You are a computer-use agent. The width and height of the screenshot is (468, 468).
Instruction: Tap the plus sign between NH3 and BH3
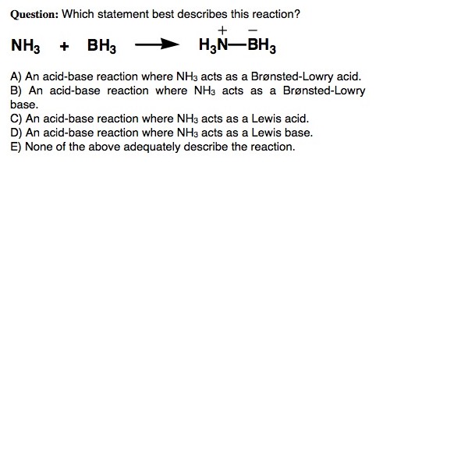click(x=64, y=45)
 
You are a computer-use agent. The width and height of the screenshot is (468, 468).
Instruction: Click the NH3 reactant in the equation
click(x=26, y=46)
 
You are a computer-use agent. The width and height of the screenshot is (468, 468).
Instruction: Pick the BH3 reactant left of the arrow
click(x=101, y=46)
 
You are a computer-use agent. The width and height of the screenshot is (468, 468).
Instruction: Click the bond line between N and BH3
click(x=237, y=45)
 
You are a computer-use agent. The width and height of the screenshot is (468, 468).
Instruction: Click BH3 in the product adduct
click(x=261, y=46)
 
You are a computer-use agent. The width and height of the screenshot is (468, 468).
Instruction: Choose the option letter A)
click(x=16, y=77)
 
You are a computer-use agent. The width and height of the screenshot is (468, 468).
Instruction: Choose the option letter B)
click(x=16, y=90)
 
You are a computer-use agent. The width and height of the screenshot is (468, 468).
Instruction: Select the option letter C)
click(x=16, y=119)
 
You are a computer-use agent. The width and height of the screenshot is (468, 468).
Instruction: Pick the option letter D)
click(x=16, y=133)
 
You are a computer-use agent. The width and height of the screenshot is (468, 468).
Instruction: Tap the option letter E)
click(x=16, y=146)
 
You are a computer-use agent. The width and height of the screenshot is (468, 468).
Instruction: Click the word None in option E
click(x=38, y=146)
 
